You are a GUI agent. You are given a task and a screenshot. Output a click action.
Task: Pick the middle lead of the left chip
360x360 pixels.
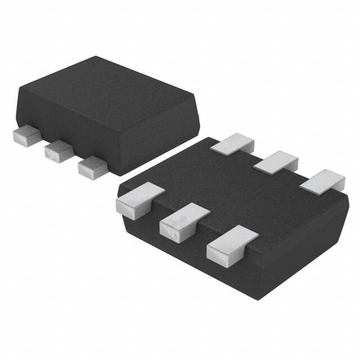(x=60, y=151)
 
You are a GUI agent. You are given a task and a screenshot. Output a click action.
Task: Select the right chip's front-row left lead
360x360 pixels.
(x=139, y=200)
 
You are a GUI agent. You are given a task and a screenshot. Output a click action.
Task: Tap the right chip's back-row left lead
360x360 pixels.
(x=232, y=144)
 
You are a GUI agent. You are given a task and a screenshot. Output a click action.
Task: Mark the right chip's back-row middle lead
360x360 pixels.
(x=276, y=162)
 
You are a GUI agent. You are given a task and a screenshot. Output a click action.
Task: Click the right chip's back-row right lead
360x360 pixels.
(x=322, y=181)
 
